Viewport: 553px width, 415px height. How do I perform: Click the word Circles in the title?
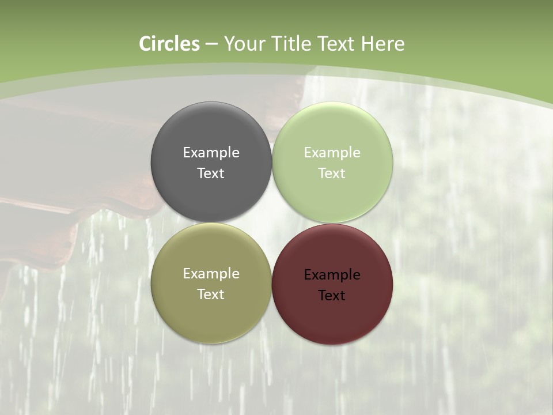click(169, 44)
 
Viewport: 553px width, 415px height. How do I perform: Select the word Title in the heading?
click(292, 44)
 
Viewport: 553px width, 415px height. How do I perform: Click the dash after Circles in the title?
click(211, 44)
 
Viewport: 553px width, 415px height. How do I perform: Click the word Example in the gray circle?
click(211, 153)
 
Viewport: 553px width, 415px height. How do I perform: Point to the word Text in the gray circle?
click(211, 173)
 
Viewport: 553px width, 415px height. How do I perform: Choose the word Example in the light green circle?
click(332, 153)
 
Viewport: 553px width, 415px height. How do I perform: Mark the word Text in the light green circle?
click(332, 173)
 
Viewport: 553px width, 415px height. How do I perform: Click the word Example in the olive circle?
click(211, 274)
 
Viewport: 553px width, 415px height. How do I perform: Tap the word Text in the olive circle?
click(211, 295)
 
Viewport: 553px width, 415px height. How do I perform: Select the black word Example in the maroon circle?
click(332, 275)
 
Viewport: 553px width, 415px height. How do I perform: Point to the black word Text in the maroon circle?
click(332, 296)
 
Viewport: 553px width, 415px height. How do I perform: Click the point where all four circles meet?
click(272, 222)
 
